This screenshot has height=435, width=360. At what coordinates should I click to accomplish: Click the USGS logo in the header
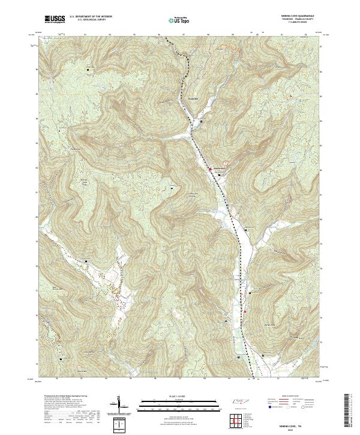(x=55, y=20)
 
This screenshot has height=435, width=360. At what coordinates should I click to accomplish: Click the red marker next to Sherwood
(x=209, y=169)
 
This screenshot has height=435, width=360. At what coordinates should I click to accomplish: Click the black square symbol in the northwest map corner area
(x=88, y=70)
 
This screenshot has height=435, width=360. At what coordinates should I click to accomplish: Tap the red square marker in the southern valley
(x=245, y=312)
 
